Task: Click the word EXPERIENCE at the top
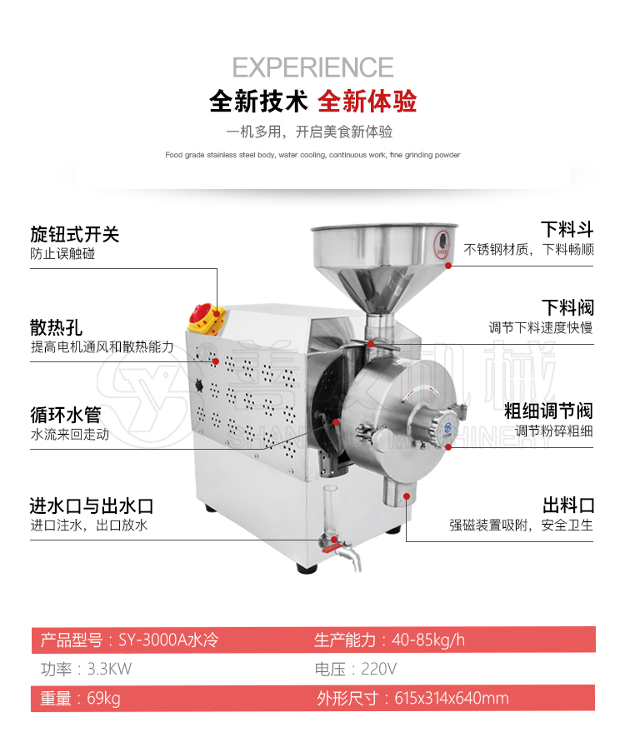click(312, 67)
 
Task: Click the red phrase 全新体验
click(367, 102)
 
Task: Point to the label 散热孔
click(57, 327)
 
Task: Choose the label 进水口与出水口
click(92, 505)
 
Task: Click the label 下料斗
click(567, 229)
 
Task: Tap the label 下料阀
click(567, 307)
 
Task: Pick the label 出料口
click(568, 505)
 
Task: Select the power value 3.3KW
click(109, 669)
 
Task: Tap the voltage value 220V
click(379, 669)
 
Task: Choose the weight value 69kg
click(103, 698)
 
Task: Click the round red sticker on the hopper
click(442, 245)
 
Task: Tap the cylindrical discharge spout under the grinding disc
click(397, 491)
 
